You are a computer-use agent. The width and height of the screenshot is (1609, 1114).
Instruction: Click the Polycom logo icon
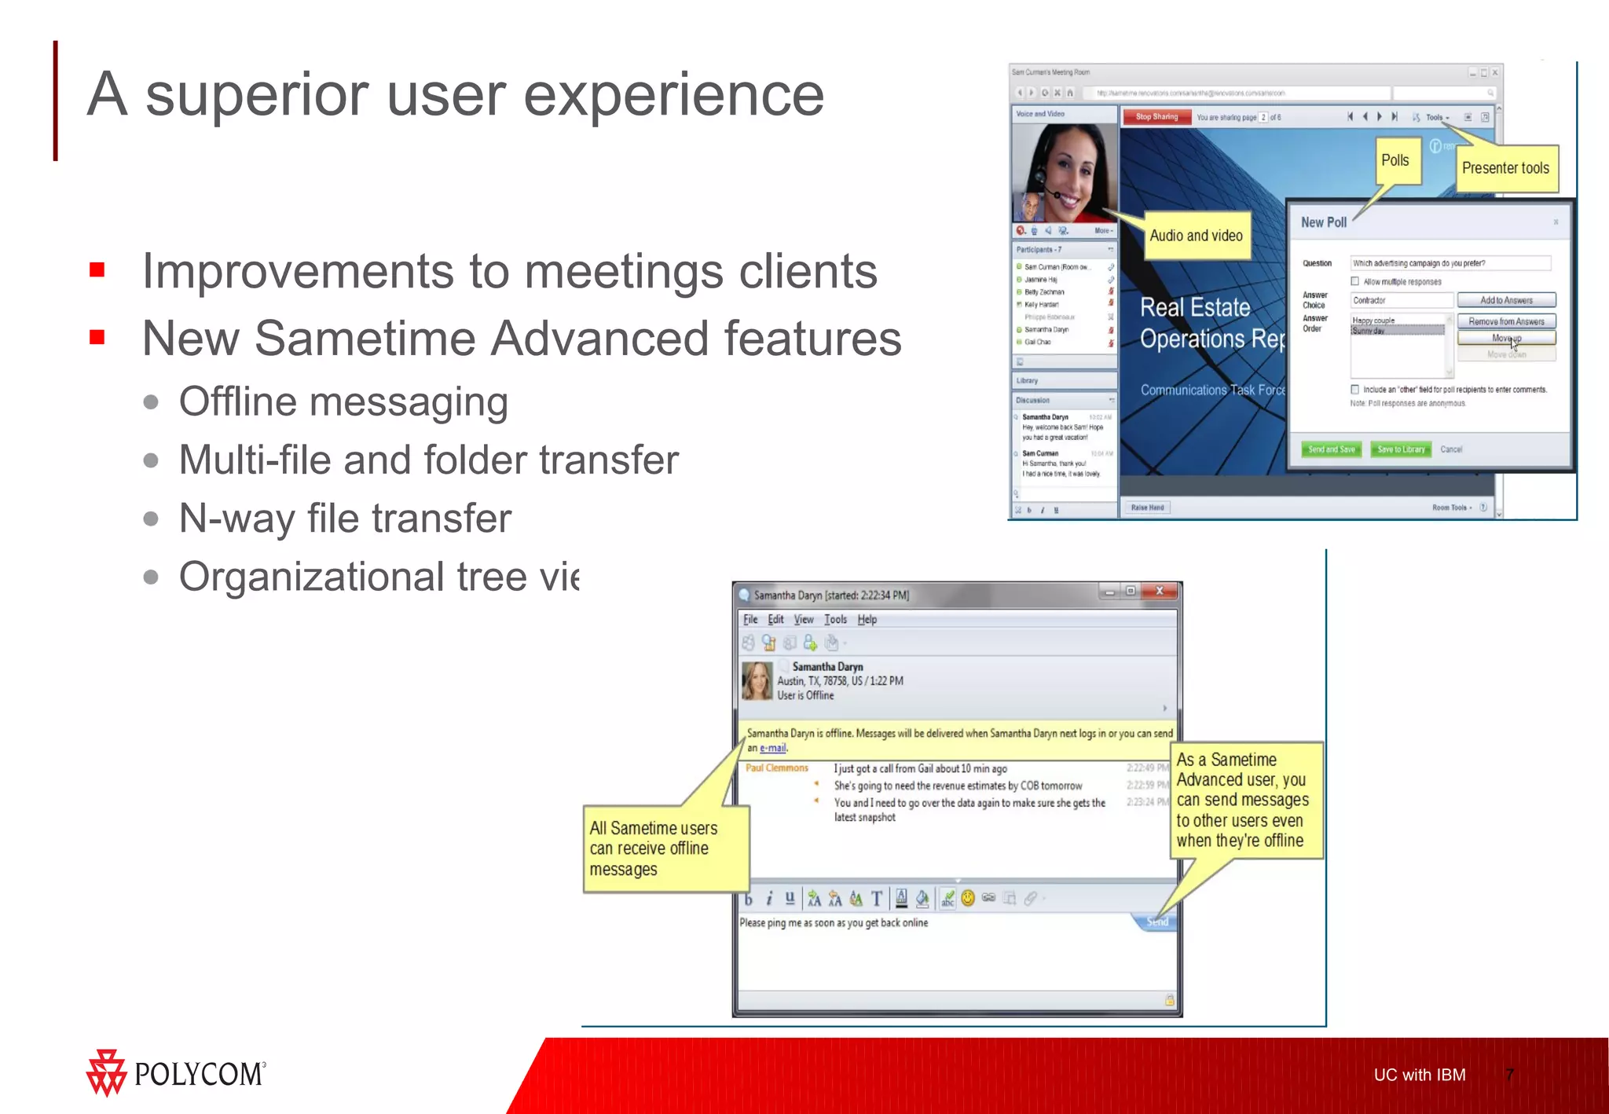(105, 1072)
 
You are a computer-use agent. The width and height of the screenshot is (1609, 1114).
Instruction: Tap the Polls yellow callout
(1395, 161)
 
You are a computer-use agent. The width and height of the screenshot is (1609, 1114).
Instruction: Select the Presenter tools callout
(1505, 168)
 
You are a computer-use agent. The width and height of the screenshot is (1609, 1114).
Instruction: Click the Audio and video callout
(1196, 236)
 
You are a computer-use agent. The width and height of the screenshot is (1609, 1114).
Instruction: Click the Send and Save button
(1332, 449)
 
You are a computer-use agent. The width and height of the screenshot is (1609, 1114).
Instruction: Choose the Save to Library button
(1401, 449)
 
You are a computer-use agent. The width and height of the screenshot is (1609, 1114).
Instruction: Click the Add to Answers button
(1506, 300)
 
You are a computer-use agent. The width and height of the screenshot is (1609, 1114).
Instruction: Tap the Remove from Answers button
(1506, 321)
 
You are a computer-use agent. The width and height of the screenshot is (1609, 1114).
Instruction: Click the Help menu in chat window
(867, 620)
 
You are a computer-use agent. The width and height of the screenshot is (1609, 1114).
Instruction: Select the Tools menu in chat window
(835, 620)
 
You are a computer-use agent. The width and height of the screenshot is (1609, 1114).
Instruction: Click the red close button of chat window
(1159, 592)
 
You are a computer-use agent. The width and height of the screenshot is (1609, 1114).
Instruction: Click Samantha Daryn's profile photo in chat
(757, 681)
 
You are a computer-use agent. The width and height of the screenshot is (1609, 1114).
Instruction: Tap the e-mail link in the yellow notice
(773, 748)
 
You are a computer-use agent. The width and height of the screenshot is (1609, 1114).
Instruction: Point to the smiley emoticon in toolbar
(968, 898)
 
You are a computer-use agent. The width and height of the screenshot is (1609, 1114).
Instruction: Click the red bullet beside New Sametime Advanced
(97, 338)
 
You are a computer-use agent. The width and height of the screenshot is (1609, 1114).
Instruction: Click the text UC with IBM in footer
(1419, 1075)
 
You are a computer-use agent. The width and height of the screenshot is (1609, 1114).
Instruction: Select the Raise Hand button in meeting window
(1147, 508)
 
